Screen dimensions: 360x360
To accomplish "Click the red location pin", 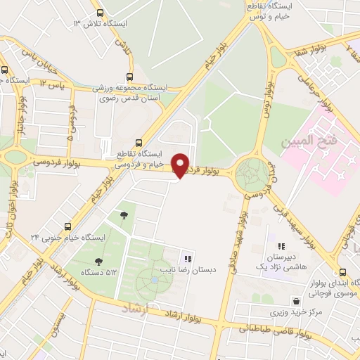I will (x=181, y=165).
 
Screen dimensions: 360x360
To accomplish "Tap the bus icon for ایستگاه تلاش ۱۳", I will (x=99, y=13).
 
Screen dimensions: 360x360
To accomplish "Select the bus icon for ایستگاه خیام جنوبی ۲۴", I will (x=68, y=226).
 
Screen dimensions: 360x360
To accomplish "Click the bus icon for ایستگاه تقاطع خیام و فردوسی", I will (x=139, y=142).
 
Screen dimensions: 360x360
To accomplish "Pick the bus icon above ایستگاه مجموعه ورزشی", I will (x=129, y=77).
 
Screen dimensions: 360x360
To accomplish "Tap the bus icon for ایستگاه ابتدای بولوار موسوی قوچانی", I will (x=342, y=272).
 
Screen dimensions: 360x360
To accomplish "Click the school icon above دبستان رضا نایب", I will (x=187, y=258).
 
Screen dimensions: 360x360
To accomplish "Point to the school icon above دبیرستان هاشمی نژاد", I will (x=282, y=246).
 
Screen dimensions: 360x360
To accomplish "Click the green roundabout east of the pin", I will (x=251, y=174).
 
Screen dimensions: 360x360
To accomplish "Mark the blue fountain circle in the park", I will (x=155, y=281).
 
